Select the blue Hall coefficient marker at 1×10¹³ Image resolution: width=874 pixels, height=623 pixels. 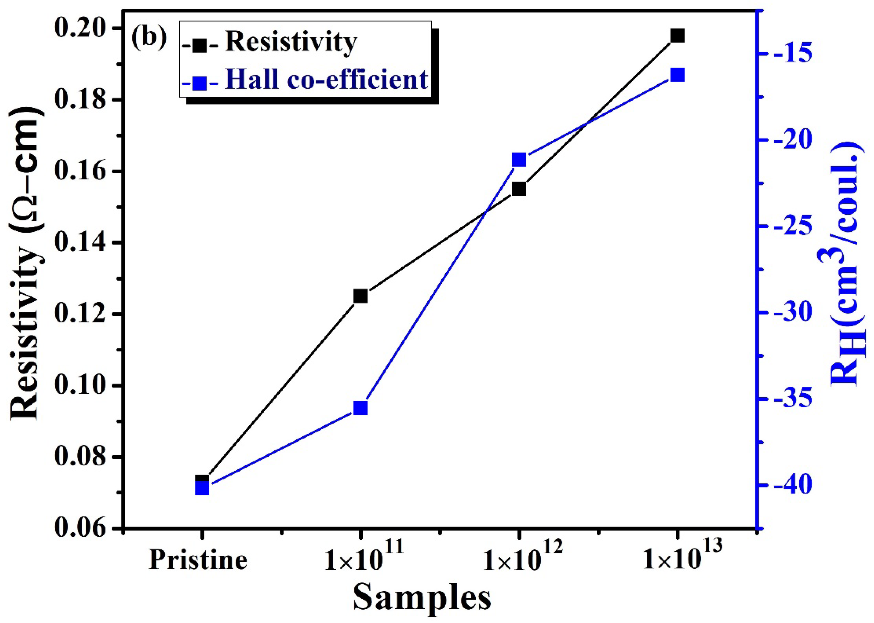[677, 75]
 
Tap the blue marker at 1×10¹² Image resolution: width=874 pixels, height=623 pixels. [519, 160]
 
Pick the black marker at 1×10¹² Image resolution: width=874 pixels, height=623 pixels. [519, 189]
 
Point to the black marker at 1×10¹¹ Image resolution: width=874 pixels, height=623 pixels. [360, 296]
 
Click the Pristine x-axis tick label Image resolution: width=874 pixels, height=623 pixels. [198, 560]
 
